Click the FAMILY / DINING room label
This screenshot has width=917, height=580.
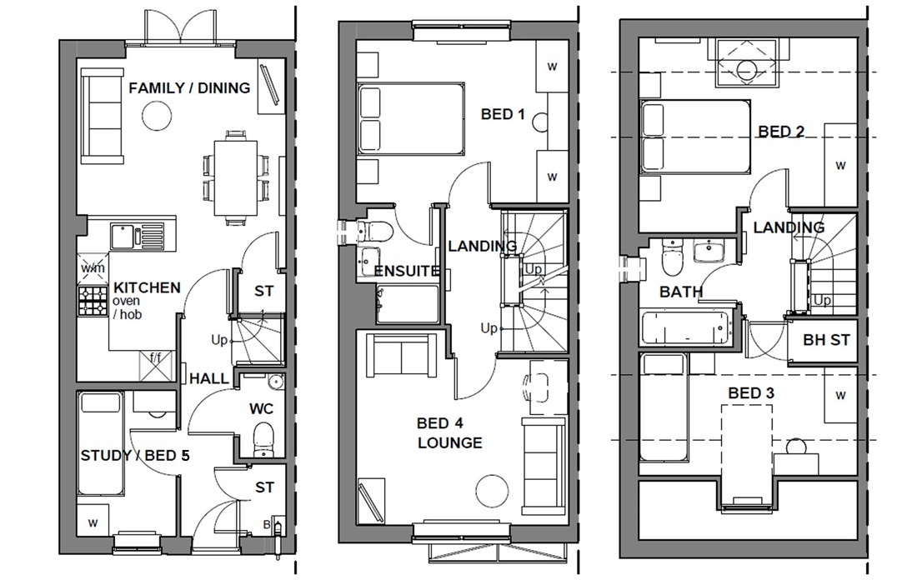(x=189, y=87)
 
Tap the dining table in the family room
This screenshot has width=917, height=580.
(x=237, y=177)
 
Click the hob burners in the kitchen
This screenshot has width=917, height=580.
(x=93, y=302)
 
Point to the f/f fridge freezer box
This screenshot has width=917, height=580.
(x=156, y=364)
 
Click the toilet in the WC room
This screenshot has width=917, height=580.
(x=263, y=438)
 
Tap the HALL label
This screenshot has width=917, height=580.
(x=208, y=378)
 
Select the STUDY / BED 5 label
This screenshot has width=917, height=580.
(x=129, y=455)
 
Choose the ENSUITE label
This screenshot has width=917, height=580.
(x=406, y=271)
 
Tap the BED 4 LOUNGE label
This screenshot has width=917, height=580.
(x=449, y=433)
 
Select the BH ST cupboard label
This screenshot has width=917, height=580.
(x=824, y=340)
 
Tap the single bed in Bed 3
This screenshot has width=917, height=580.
(x=664, y=407)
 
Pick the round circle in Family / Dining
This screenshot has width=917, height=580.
(x=156, y=116)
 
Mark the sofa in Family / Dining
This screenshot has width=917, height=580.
(x=103, y=117)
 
